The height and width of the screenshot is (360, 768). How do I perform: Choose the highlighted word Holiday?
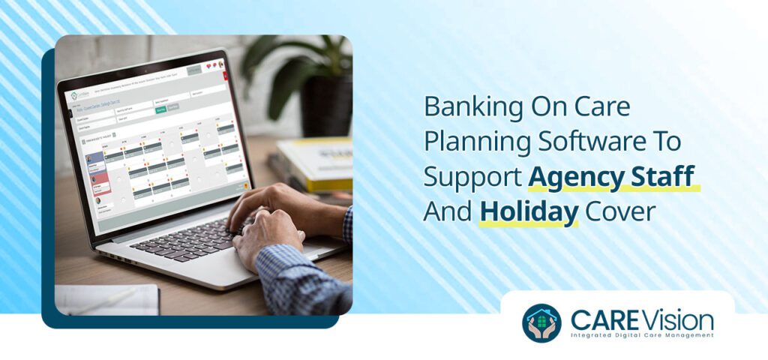pos(528,211)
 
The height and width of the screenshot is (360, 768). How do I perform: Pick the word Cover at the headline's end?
pos(620,211)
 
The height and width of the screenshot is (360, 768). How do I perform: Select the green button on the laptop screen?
pos(160,110)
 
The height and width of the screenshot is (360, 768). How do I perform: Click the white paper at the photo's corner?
pos(105,300)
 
